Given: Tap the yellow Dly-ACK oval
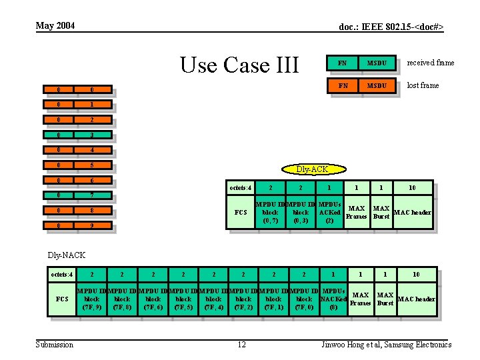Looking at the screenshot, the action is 311,169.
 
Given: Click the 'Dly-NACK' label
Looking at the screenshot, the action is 66,254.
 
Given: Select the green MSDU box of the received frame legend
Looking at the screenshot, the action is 377,63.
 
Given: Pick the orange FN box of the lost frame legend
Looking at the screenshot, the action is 342,85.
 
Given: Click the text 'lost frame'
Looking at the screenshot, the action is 423,85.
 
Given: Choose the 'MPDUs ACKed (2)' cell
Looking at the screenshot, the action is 329,212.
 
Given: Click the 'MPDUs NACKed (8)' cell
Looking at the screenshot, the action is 333,299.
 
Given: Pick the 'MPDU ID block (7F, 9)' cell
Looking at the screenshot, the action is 92,299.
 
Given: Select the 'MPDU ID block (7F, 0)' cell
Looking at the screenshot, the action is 304,299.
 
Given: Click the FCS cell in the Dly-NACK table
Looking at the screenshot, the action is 61,299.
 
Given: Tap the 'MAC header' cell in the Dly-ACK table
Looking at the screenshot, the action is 413,213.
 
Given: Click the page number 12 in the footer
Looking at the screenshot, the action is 242,345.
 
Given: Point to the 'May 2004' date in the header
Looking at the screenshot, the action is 55,25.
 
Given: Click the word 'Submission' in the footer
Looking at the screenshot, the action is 55,345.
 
